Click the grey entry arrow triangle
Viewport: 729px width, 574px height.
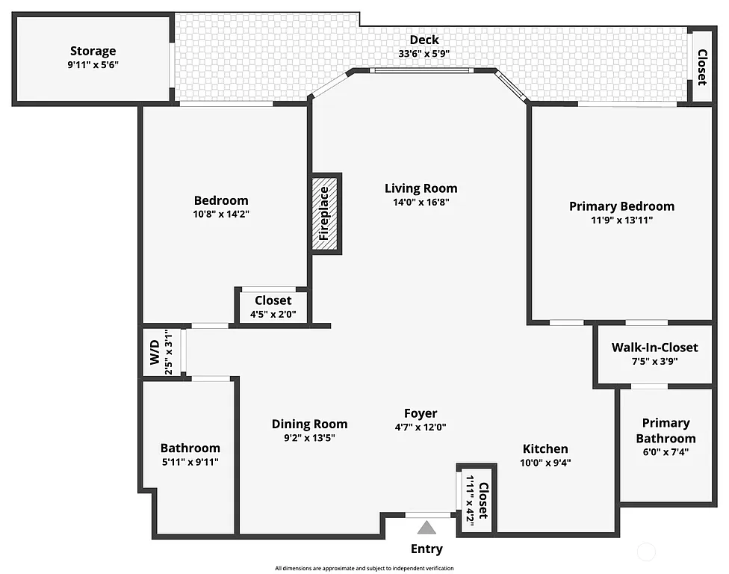(x=426, y=528)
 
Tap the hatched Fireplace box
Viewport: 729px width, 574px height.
(x=326, y=213)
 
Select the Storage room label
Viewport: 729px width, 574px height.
(x=93, y=51)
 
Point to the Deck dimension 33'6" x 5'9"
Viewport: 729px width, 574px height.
(x=424, y=54)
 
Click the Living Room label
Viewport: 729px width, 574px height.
(x=421, y=188)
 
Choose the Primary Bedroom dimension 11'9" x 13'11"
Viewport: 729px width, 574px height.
(x=621, y=220)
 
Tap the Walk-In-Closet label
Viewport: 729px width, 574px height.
(x=654, y=348)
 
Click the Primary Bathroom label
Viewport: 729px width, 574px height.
(x=666, y=430)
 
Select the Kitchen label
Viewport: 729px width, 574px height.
(x=545, y=448)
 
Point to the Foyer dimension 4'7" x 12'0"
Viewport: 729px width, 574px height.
(x=421, y=428)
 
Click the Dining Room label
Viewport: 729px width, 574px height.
(x=309, y=424)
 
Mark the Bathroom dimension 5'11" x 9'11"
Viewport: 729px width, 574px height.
(x=190, y=462)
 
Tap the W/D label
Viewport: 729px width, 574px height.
(x=154, y=351)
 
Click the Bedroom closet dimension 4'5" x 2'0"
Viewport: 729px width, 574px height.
(x=273, y=315)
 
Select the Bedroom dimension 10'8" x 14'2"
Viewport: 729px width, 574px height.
(x=220, y=214)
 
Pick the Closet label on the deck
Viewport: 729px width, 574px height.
(x=702, y=67)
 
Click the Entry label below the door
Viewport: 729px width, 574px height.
(x=426, y=549)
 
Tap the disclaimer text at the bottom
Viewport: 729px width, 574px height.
(x=364, y=568)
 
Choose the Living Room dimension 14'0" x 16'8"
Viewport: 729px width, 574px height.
(x=421, y=202)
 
